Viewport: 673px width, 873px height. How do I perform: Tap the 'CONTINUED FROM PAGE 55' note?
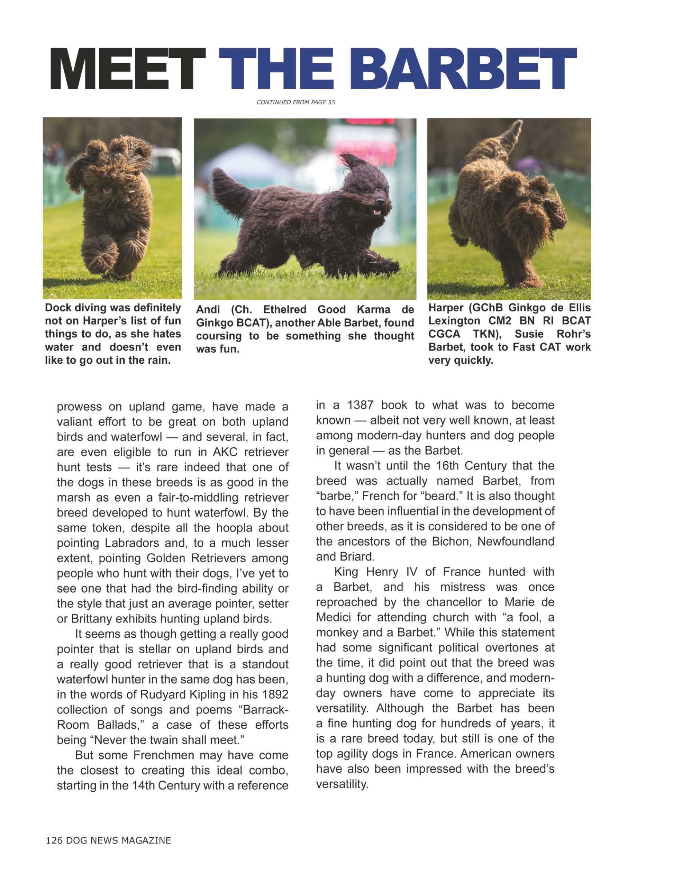[296, 102]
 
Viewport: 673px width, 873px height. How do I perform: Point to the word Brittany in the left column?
[90, 619]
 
